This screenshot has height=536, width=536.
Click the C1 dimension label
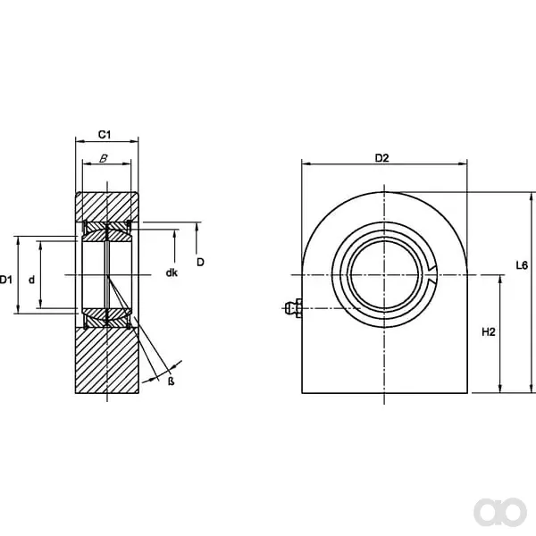(105, 135)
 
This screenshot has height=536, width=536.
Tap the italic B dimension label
(104, 159)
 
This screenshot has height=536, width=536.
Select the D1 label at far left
(5, 280)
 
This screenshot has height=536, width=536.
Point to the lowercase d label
(32, 280)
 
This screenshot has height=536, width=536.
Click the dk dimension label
(172, 272)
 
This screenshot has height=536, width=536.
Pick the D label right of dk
(200, 262)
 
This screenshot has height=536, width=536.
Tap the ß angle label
(172, 381)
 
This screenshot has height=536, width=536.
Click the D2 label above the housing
(382, 158)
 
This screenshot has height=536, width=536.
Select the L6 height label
(522, 265)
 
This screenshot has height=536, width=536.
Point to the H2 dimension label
(489, 332)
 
